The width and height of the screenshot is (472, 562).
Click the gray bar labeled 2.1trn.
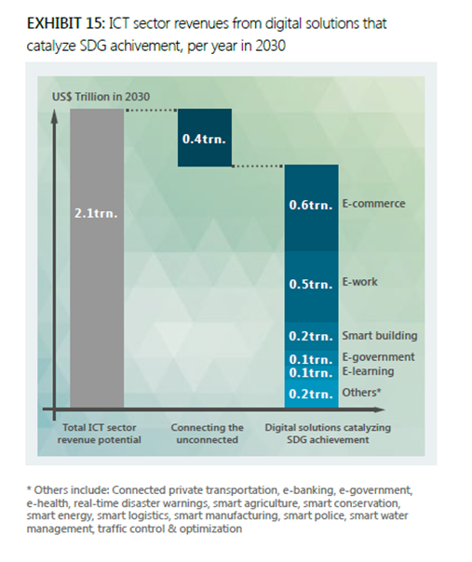(97, 258)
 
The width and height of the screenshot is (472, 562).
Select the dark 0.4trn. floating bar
(205, 138)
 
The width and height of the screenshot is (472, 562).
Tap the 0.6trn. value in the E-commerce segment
(311, 205)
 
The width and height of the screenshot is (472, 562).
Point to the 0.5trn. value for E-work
(311, 284)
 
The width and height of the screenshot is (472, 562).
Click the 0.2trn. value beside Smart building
(311, 336)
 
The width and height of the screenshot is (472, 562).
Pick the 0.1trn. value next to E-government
(311, 359)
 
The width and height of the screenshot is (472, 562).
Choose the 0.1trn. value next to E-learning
(311, 373)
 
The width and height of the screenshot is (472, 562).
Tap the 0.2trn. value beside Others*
(311, 394)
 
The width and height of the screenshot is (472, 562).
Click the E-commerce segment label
(373, 204)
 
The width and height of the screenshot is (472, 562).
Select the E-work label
(359, 282)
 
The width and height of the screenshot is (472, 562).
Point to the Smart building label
(380, 336)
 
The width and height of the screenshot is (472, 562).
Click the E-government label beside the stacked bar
(378, 357)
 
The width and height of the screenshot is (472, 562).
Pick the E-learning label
(368, 371)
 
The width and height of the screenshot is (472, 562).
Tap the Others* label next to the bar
(361, 393)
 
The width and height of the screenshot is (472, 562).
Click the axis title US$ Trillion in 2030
(101, 97)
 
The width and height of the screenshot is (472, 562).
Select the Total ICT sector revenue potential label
(100, 434)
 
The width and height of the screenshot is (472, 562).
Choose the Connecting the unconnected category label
(208, 434)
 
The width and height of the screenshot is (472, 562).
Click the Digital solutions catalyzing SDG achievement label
(328, 434)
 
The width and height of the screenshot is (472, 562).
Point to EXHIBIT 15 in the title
(66, 23)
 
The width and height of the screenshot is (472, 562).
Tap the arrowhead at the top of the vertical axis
(54, 115)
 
